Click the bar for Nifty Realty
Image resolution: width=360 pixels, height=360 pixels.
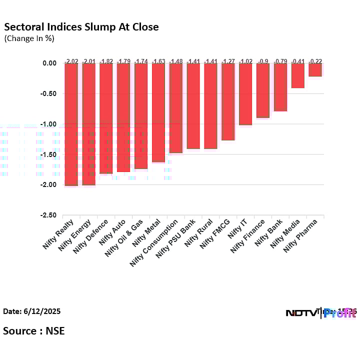pos(71,124)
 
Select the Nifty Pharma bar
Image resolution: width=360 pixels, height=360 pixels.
pos(315,69)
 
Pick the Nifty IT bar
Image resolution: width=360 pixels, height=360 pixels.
pos(245,94)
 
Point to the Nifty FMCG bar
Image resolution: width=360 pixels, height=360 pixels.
pos(228,101)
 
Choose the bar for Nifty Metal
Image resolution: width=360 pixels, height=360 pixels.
pos(158,112)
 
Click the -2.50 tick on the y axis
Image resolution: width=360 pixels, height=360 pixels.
pos(49,215)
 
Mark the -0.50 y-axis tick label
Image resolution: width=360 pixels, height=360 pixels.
pos(49,93)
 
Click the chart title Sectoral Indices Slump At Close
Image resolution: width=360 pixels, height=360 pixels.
pos(81,27)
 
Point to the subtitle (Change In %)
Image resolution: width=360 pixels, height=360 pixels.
pos(29,38)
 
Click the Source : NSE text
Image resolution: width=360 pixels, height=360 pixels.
pos(34,330)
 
